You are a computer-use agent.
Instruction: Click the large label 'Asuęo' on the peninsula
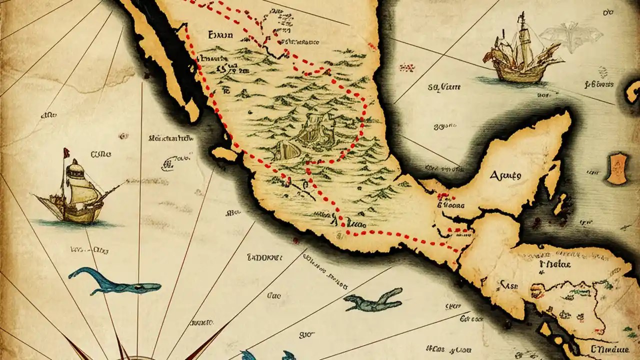505,175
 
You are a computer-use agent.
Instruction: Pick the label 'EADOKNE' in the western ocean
265,258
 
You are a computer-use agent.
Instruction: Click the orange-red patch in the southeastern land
537,289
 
